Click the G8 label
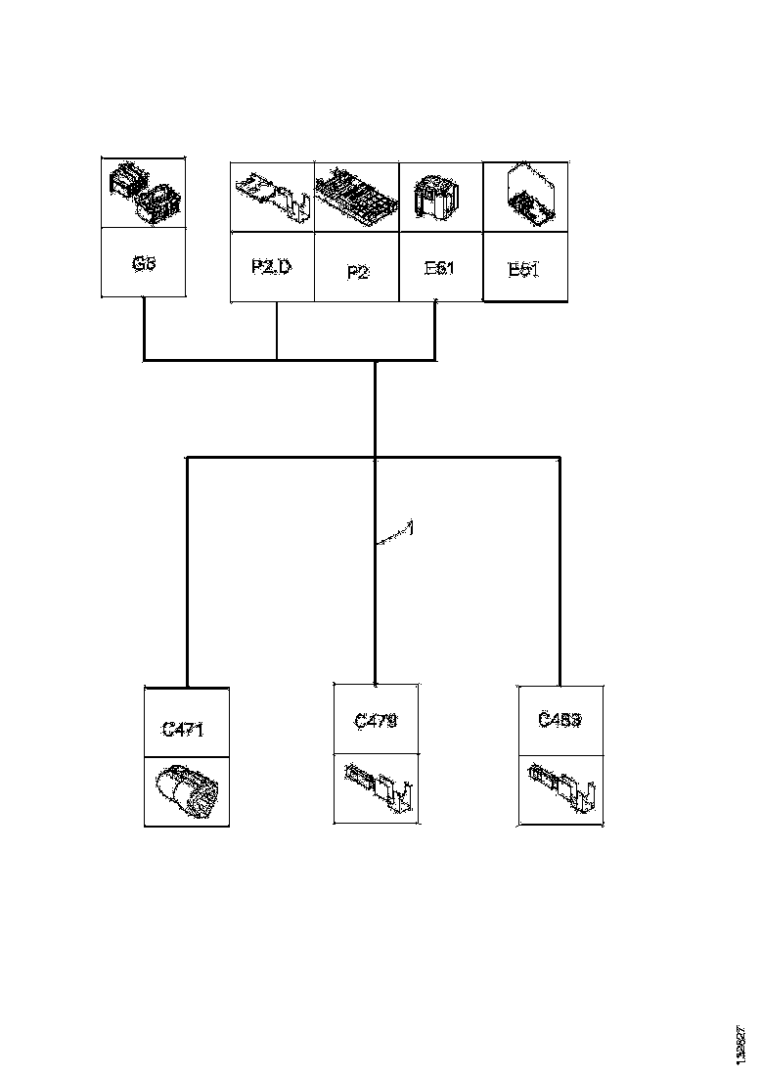145,264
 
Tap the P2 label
357,272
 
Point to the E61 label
440,267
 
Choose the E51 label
525,270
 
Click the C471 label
185,729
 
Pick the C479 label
376,721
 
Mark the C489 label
560,721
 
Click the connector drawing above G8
144,195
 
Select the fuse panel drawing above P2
357,196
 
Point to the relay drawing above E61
440,196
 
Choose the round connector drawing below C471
186,790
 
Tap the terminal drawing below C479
377,789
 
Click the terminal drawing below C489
560,789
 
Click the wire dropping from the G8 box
144,329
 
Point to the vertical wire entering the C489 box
560,587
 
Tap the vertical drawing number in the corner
739,1044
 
